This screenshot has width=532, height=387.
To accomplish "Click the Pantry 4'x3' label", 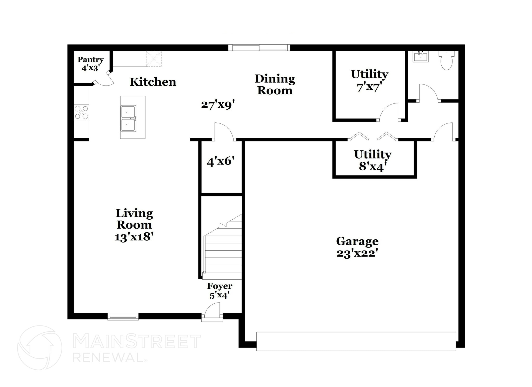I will [x=90, y=64].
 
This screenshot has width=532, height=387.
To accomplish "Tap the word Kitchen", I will [x=153, y=82].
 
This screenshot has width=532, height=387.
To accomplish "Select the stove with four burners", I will [x=81, y=112].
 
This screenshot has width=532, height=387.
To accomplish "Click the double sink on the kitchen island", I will [x=129, y=118].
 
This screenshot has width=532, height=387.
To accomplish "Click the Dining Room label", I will [x=275, y=85].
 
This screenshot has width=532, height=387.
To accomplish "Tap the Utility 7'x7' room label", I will [x=369, y=81].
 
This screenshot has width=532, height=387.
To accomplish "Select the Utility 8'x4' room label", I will [x=373, y=160].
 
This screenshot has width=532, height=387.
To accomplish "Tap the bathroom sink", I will [x=421, y=57].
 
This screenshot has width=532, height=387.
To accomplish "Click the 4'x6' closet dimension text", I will [x=221, y=161].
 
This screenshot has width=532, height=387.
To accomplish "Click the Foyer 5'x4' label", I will [x=220, y=290].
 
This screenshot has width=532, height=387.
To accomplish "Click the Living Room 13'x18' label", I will [x=134, y=225].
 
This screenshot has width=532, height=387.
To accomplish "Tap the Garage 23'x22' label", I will [x=357, y=247].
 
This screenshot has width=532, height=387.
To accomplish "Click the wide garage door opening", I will [x=356, y=341].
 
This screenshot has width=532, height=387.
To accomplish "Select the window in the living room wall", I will [x=123, y=316].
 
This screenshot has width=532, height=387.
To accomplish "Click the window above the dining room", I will [x=259, y=48].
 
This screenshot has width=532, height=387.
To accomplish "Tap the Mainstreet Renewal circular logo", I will [x=39, y=348].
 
